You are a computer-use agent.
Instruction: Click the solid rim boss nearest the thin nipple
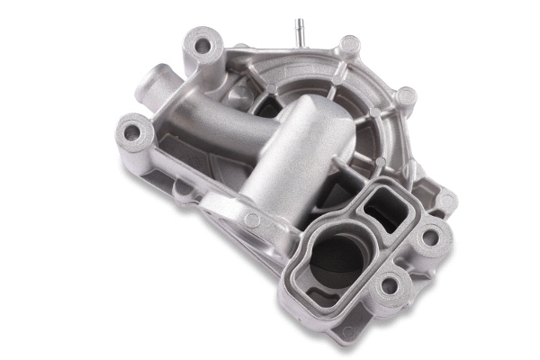(350, 44)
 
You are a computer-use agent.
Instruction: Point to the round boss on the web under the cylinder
(251, 218)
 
